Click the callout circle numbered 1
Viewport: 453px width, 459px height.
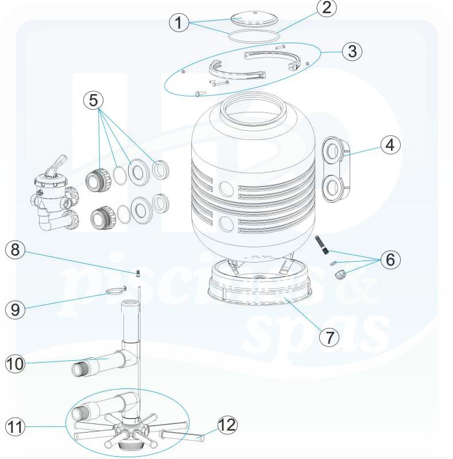pos(179,23)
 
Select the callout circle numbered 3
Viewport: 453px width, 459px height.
pos(352,51)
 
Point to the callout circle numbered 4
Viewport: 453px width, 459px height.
pos(390,145)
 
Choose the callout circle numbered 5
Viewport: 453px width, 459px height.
pos(94,100)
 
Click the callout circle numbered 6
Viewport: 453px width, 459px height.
pos(390,259)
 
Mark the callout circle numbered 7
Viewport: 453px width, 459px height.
pos(329,336)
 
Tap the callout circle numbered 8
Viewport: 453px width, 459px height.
pos(16,250)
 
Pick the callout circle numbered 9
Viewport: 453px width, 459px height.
pos(16,309)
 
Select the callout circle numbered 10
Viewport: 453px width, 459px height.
pos(16,364)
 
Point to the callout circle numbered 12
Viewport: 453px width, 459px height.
pos(227,425)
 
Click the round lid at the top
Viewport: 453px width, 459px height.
pos(245,19)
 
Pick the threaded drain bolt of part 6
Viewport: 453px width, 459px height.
pos(322,246)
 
